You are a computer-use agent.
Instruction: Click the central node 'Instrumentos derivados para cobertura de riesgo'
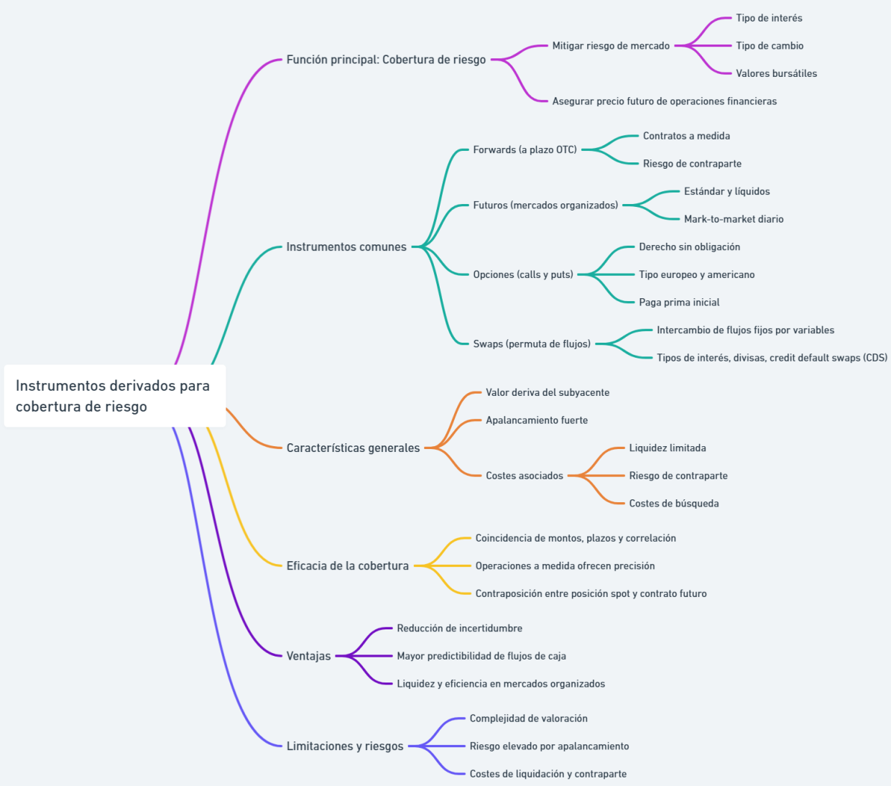(x=114, y=396)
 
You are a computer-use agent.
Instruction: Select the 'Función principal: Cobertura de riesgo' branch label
(x=386, y=60)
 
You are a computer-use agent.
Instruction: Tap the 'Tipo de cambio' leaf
(x=770, y=46)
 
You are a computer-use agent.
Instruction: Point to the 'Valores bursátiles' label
(x=776, y=73)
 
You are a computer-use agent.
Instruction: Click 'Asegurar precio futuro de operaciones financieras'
(x=664, y=101)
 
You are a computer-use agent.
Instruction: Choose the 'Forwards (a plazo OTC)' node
(x=525, y=150)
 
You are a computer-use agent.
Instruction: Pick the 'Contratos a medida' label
(x=686, y=136)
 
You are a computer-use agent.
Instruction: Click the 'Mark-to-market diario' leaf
(x=734, y=219)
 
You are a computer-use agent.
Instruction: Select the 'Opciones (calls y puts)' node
(x=523, y=274)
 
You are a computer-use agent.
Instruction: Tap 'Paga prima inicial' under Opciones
(x=679, y=302)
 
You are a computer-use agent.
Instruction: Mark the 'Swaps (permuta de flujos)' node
(x=532, y=344)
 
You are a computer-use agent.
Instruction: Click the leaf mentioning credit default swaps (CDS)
(x=772, y=358)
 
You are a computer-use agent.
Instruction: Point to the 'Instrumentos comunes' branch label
(x=346, y=247)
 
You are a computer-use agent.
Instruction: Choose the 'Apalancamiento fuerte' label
(x=537, y=420)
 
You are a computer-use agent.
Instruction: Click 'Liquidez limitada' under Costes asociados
(x=668, y=448)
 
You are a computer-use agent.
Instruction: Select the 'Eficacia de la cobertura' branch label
(x=348, y=566)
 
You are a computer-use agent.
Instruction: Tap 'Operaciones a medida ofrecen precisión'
(x=565, y=566)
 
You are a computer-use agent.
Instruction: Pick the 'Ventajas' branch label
(x=309, y=656)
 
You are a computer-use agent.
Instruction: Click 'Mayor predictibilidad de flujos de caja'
(x=481, y=656)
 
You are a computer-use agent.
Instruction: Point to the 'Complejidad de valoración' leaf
(x=528, y=718)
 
